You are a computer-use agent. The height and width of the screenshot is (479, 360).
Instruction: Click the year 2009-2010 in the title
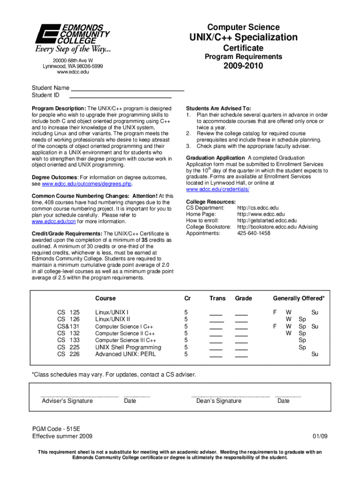pyautogui.click(x=243, y=66)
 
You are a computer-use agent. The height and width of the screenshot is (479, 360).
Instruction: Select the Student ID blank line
pyautogui.click(x=120, y=95)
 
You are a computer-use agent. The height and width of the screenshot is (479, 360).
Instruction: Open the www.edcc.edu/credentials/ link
pyautogui.click(x=217, y=189)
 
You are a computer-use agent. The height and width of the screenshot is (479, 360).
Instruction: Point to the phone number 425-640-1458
pyautogui.click(x=253, y=233)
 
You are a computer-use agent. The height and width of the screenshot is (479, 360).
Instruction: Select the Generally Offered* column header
pyautogui.click(x=299, y=298)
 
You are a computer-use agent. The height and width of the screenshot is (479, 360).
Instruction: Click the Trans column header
pyautogui.click(x=217, y=298)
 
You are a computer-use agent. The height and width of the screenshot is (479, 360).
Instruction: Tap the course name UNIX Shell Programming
pyautogui.click(x=128, y=348)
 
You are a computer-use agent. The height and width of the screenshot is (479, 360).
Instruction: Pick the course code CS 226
pyautogui.click(x=68, y=355)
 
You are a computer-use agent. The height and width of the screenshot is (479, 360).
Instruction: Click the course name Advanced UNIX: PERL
pyautogui.click(x=125, y=355)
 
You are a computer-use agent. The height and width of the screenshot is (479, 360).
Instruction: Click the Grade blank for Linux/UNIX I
pyautogui.click(x=241, y=313)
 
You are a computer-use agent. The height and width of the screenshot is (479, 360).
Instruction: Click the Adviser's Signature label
pyautogui.click(x=67, y=401)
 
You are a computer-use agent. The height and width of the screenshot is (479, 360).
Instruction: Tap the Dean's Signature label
pyautogui.click(x=219, y=401)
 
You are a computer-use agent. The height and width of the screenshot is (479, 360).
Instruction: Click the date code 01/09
pyautogui.click(x=320, y=436)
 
